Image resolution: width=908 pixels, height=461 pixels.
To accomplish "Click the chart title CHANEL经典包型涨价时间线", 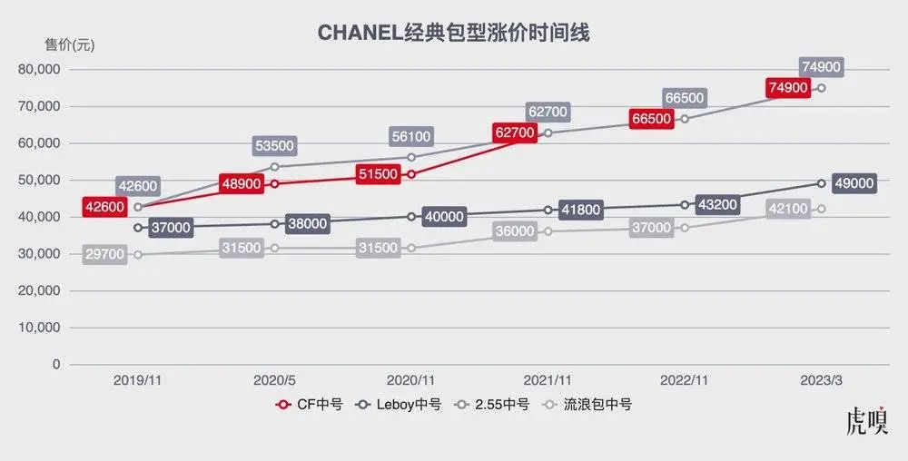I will click(x=454, y=34).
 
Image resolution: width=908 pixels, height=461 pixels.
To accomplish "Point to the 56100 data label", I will click(x=411, y=137).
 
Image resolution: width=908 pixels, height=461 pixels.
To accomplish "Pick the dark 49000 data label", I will click(x=854, y=183).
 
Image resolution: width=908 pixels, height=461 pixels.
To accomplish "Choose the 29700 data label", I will click(x=105, y=255).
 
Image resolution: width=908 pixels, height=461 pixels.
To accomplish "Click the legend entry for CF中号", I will click(x=309, y=405).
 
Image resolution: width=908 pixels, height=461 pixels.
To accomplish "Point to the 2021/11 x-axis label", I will click(x=548, y=382).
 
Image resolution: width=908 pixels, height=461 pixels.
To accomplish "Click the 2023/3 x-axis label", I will click(x=822, y=382).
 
